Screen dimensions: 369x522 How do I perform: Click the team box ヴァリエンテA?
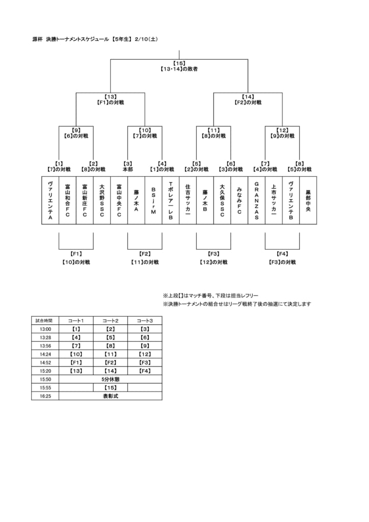(x=50, y=200)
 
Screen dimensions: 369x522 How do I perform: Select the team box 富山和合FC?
(x=68, y=200)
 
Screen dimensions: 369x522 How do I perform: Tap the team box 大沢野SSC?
(x=102, y=200)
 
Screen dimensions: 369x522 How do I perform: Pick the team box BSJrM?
(x=153, y=200)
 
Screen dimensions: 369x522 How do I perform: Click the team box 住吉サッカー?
(x=188, y=200)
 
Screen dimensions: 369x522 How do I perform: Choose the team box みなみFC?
(x=239, y=200)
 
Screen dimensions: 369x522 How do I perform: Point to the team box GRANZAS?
(x=256, y=200)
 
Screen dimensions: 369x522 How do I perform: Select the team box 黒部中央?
(x=308, y=200)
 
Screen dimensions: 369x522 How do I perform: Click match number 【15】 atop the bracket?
(x=179, y=63)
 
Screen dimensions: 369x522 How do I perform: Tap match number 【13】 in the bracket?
(x=111, y=97)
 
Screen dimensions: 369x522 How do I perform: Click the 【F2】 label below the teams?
(x=145, y=254)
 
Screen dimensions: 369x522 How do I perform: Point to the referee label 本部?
(x=128, y=169)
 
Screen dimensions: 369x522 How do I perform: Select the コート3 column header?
(x=145, y=321)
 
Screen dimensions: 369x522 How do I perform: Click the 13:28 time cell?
(x=45, y=337)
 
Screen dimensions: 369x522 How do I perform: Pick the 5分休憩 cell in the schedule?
(x=111, y=379)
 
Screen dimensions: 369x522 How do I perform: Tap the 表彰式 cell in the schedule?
(x=111, y=396)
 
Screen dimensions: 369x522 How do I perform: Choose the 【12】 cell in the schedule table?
(x=145, y=354)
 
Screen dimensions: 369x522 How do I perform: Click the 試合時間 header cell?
(x=45, y=321)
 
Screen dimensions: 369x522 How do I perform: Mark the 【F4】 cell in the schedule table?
(x=145, y=371)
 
